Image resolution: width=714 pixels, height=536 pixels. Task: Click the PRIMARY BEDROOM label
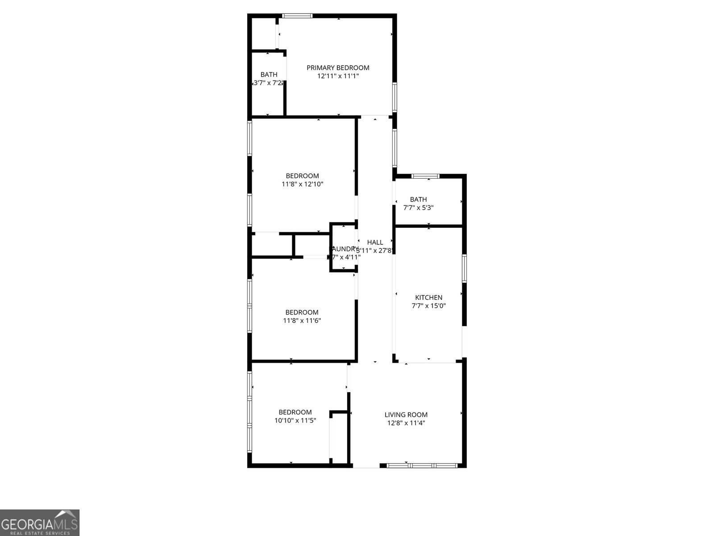coord(338,68)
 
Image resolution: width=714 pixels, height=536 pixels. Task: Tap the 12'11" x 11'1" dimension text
coord(338,76)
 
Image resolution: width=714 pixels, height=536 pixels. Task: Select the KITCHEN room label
coord(428,297)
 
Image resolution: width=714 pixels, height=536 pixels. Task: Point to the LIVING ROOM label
coord(406,415)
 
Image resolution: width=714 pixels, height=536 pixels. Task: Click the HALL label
coord(375,242)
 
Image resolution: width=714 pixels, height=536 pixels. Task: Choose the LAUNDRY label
coord(344,249)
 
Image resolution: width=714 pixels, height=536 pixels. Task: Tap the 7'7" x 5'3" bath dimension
coord(418,208)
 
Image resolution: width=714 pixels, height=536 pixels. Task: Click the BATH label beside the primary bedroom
coord(269,75)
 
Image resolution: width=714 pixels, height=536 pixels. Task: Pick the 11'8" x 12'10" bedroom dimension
coord(302,184)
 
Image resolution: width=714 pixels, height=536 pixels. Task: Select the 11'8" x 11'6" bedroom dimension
coord(302,320)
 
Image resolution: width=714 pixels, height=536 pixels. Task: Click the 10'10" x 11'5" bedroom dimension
coord(295,420)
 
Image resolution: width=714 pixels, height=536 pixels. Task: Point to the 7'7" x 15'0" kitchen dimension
coord(428,306)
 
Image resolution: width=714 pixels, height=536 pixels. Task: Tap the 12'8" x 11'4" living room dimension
coord(406,423)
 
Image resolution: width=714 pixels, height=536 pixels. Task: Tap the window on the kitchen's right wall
coord(464,268)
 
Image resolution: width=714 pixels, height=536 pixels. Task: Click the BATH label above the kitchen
coord(418,200)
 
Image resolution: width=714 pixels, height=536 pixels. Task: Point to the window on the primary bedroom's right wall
coord(394,96)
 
